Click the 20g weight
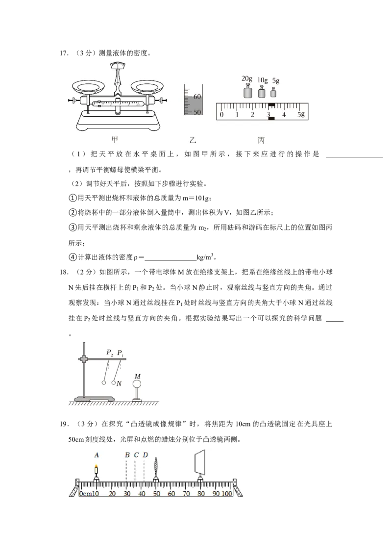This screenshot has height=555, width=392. click(x=247, y=92)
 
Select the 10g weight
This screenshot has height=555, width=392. click(x=262, y=92)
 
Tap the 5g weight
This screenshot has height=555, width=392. click(x=273, y=93)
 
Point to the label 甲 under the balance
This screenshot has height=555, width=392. click(x=115, y=140)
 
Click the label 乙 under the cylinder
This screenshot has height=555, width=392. click(x=193, y=140)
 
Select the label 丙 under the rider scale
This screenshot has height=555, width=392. click(x=261, y=140)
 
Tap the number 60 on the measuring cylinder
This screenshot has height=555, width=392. click(x=197, y=97)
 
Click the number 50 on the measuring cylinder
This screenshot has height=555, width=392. click(x=197, y=112)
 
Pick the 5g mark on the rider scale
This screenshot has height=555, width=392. click(x=300, y=115)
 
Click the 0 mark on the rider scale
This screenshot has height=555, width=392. click(x=221, y=115)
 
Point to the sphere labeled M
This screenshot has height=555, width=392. click(x=137, y=385)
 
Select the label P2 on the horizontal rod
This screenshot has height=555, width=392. click(x=109, y=353)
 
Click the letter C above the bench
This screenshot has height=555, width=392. click(x=136, y=455)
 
